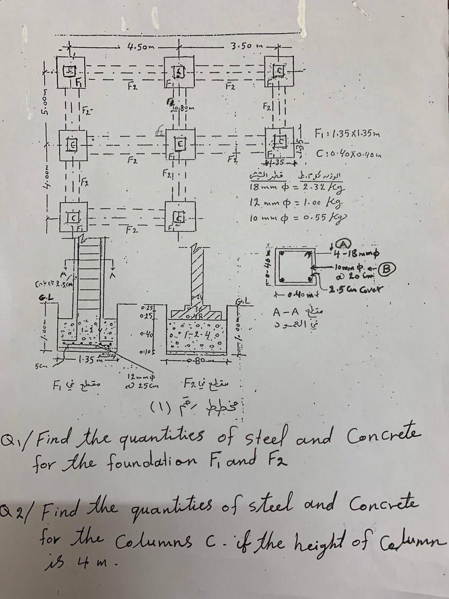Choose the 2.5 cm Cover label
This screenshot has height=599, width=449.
pyautogui.click(x=358, y=287)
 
